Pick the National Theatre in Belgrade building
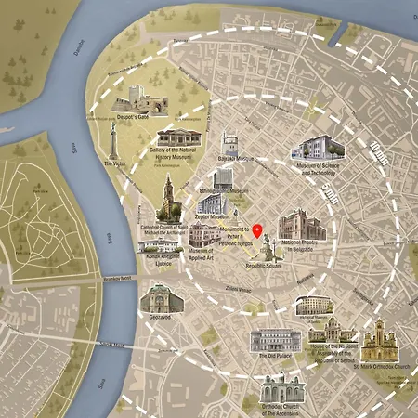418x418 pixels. tap(302, 227)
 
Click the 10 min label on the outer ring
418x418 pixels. tap(375, 157)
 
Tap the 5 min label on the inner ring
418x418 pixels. tap(328, 194)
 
